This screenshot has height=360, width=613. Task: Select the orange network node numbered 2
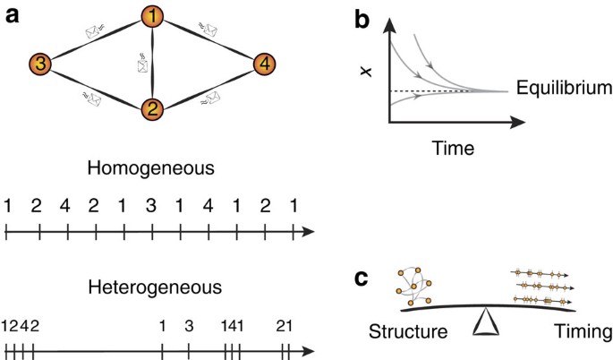click(x=153, y=110)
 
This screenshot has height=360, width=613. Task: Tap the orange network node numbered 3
click(x=40, y=64)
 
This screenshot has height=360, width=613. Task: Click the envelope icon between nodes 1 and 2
click(x=143, y=64)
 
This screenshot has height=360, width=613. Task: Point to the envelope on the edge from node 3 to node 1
click(x=94, y=32)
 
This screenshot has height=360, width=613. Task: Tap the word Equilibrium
click(x=564, y=90)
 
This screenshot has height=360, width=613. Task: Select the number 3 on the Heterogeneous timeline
click(x=188, y=324)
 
